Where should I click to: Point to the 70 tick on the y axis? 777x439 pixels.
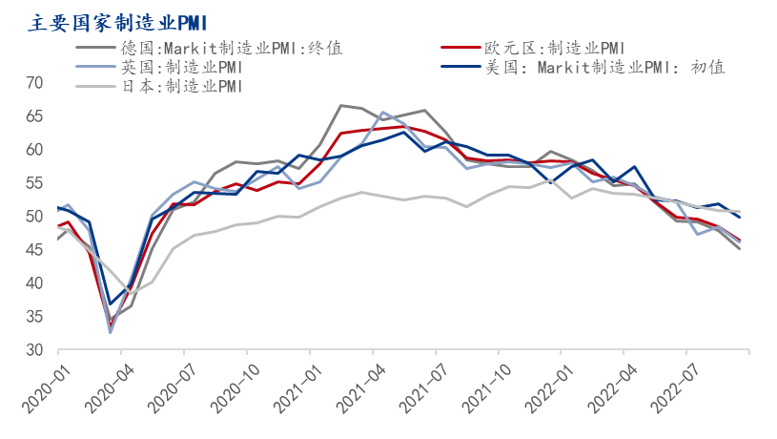click(x=35, y=83)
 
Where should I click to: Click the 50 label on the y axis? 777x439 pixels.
click(x=35, y=217)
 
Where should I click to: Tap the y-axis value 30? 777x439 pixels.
click(x=35, y=350)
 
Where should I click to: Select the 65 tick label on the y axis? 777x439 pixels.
click(x=35, y=116)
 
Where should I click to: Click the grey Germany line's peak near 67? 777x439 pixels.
click(x=341, y=105)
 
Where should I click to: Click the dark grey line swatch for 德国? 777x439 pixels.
click(x=95, y=47)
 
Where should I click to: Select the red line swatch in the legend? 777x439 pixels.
click(x=465, y=47)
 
